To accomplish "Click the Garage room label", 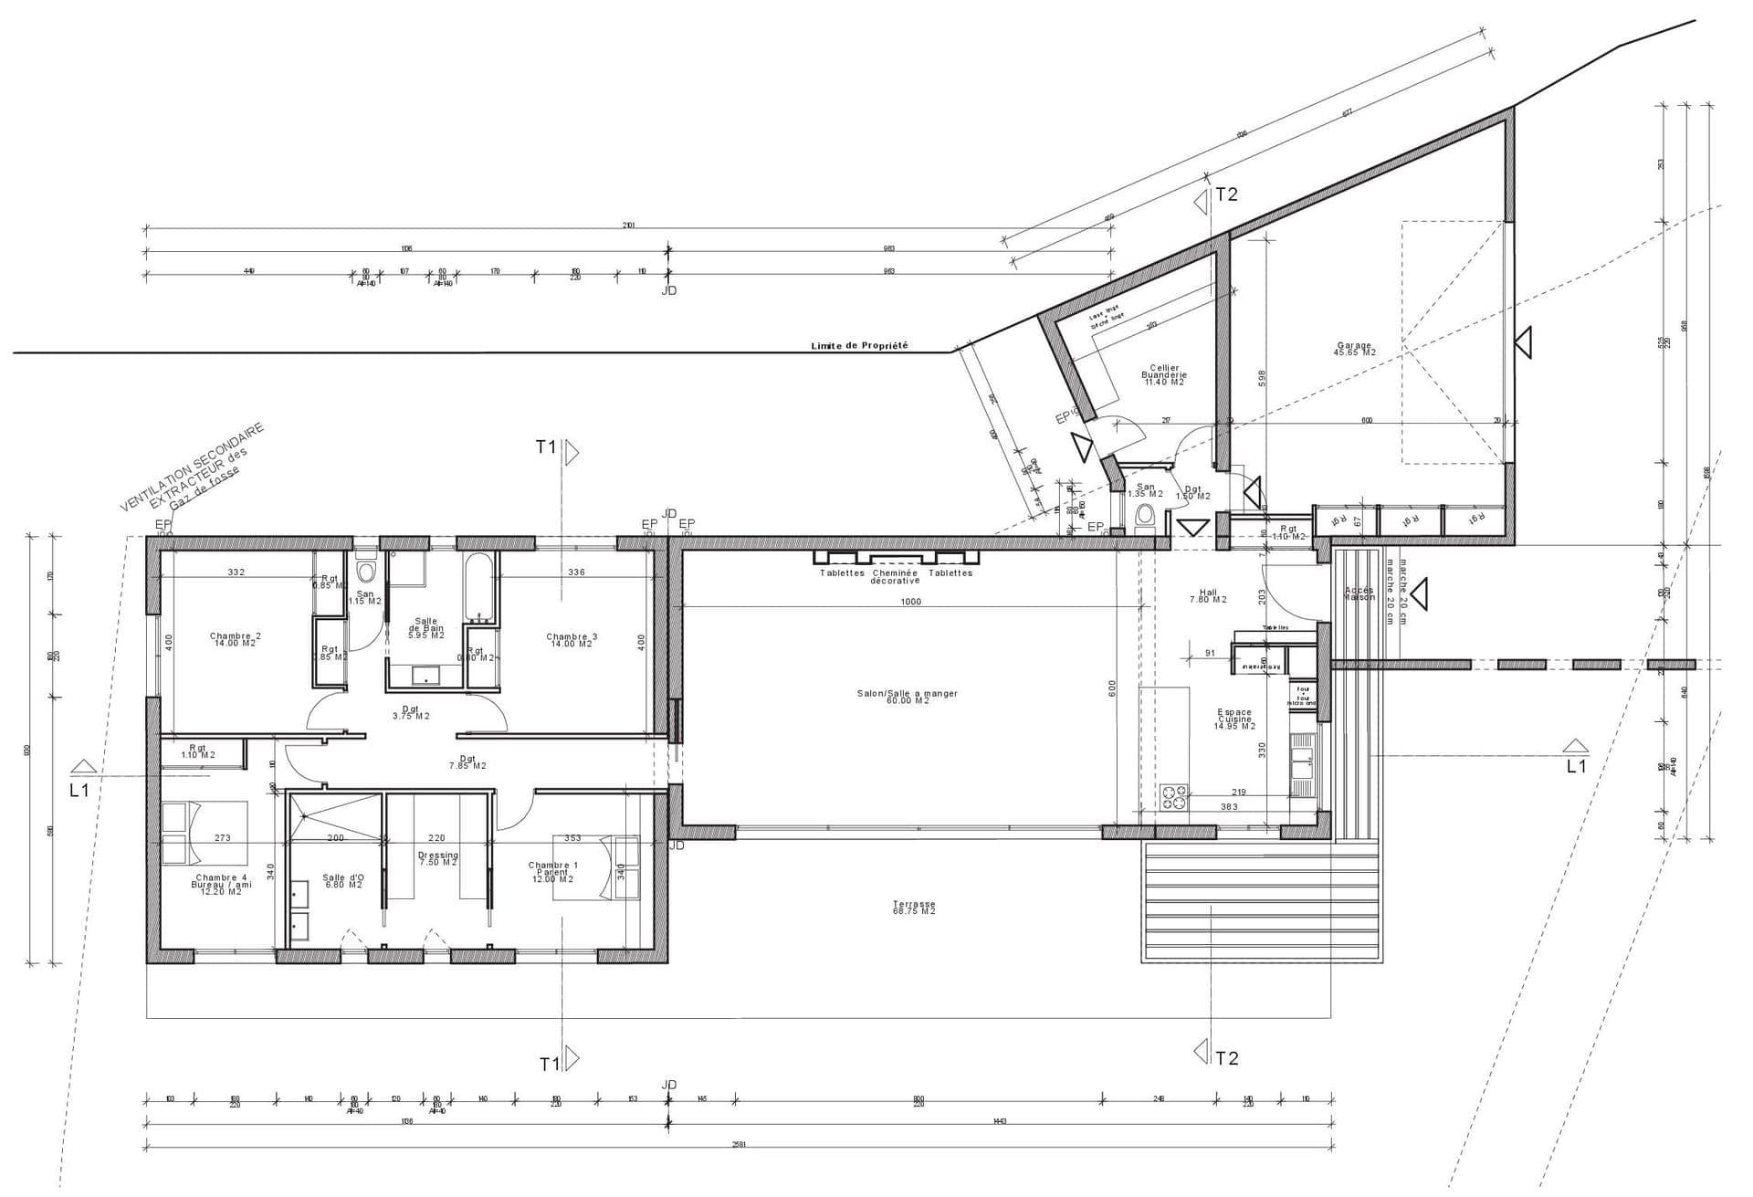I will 1354,349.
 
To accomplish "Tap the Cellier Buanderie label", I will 1164,375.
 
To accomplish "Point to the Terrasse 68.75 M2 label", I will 914,908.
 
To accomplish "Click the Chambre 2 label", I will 235,639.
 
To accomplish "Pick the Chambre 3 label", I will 572,640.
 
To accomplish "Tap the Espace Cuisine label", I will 1234,719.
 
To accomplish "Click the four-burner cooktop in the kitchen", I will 1173,797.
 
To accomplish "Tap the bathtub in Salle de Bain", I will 478,584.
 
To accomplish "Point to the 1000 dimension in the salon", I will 910,602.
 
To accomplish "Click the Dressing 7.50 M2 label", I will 437,858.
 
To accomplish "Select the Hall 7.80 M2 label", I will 1208,595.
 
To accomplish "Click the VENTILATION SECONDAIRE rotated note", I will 192,466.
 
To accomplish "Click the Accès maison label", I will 1359,593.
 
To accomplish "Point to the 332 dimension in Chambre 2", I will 236,572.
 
